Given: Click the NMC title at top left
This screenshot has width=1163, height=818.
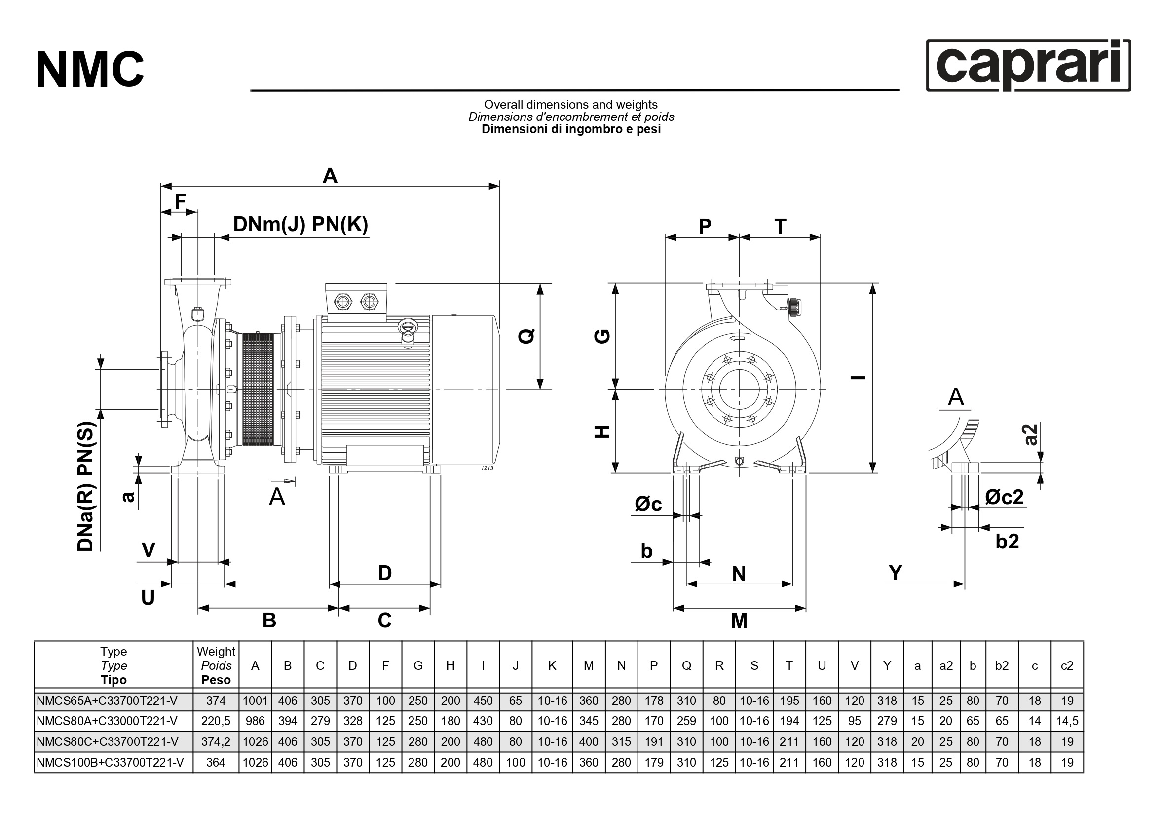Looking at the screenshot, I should [90, 70].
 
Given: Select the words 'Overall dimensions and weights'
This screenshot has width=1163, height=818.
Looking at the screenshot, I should [570, 104].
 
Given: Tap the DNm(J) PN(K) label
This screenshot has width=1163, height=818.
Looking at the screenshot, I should [300, 224].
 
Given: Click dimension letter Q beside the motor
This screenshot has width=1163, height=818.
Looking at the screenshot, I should [527, 336].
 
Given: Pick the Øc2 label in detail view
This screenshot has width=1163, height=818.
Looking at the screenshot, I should [1004, 497].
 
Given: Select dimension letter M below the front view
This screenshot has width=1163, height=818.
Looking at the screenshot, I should [739, 621].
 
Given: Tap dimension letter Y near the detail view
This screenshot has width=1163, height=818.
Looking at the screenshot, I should [896, 573].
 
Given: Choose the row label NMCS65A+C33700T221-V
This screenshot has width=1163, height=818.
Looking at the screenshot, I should [107, 701].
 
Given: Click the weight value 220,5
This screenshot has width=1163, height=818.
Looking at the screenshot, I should [216, 721].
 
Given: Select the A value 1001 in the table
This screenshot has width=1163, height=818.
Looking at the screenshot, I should [255, 701].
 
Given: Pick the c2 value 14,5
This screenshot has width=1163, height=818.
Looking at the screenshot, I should [1067, 721].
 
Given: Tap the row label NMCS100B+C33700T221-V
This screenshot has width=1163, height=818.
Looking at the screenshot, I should [110, 762].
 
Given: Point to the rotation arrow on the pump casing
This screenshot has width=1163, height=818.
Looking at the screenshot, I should [738, 339].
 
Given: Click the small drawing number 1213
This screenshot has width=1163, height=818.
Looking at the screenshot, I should [487, 468].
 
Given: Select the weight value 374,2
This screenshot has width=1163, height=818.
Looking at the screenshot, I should [216, 742].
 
